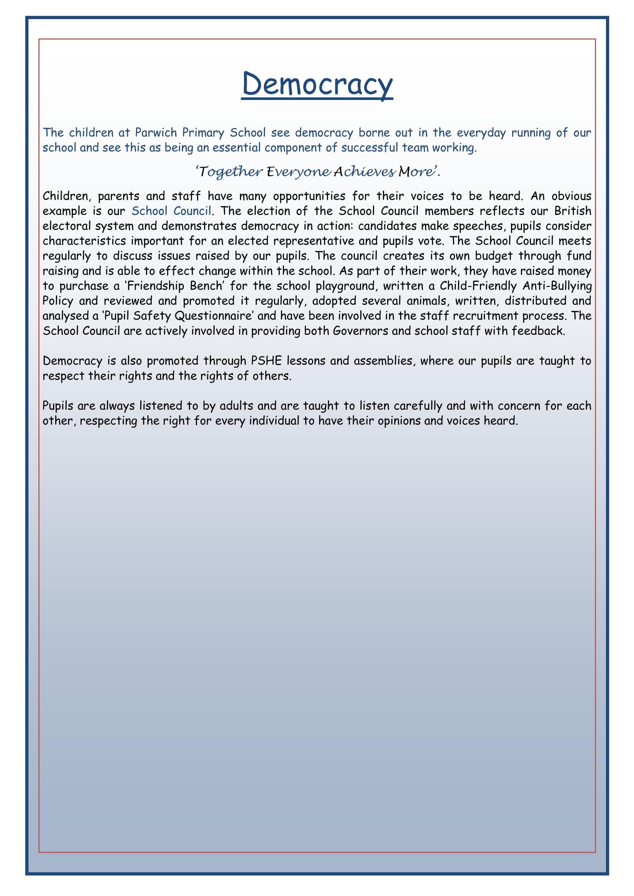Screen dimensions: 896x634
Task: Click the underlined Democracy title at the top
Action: pyautogui.click(x=317, y=84)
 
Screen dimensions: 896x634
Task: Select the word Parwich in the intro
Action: pyautogui.click(x=156, y=133)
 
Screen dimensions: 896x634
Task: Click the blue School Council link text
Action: pyautogui.click(x=171, y=211)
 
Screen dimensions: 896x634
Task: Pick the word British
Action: pyautogui.click(x=573, y=211)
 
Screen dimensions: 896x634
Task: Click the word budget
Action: pyautogui.click(x=493, y=256)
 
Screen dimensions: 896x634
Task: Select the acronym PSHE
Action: pyautogui.click(x=266, y=360)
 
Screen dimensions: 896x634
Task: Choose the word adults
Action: pyautogui.click(x=237, y=406)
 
